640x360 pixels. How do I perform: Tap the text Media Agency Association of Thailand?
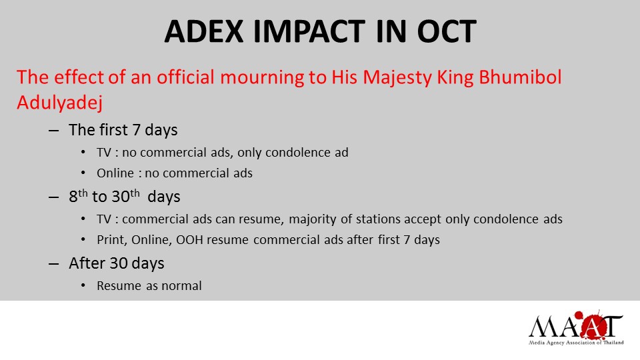coord(576,342)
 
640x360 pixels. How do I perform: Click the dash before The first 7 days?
coord(54,130)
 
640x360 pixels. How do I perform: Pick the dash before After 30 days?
coord(54,263)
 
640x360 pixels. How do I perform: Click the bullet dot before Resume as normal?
coord(82,286)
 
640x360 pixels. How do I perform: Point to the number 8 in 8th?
coord(73,198)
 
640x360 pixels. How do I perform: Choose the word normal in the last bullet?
coord(182,286)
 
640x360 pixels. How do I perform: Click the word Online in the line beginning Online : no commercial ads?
coord(115,173)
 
